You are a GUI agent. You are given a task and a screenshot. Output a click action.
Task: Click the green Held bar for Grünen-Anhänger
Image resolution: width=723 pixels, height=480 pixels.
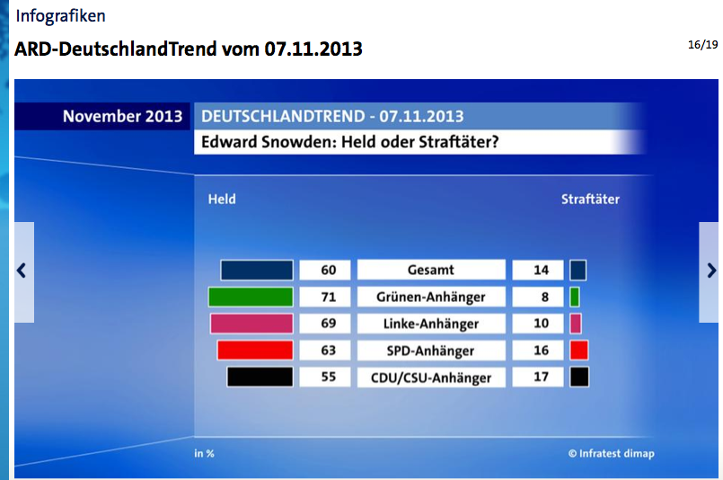[x=251, y=297]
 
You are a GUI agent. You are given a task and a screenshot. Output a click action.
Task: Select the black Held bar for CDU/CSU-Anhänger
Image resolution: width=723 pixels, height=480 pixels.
[x=260, y=377]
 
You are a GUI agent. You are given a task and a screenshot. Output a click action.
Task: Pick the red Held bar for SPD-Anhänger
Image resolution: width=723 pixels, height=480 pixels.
[x=255, y=350]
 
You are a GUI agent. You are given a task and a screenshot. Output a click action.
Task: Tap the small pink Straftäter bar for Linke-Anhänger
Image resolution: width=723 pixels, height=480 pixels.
[x=576, y=323]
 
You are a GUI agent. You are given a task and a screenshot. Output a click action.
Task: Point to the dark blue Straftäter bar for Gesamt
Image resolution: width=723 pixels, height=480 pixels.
[x=578, y=270]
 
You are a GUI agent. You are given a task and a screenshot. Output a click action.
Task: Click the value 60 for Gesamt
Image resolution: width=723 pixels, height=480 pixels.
[x=329, y=270]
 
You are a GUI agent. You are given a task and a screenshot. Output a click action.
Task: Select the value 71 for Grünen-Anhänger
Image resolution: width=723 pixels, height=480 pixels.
[x=329, y=297]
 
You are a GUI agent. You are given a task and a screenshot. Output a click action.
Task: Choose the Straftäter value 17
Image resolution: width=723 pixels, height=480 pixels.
[x=541, y=377]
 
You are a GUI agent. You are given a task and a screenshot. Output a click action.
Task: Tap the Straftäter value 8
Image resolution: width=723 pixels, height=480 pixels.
[x=545, y=297]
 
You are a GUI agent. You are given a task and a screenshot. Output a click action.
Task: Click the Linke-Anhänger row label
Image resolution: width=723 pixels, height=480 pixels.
[x=431, y=324]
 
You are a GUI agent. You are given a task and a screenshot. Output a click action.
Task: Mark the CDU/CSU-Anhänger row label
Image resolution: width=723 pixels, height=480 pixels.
[x=431, y=378]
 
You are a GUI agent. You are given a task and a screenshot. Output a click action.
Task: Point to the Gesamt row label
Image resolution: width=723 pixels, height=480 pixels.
[x=431, y=270]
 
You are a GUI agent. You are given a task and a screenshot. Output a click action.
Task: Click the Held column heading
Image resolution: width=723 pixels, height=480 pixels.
[x=222, y=199]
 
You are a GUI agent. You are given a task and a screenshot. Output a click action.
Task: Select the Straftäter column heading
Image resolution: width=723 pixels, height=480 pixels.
[x=590, y=199]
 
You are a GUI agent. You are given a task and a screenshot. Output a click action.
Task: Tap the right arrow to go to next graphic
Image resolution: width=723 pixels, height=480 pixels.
[x=711, y=271]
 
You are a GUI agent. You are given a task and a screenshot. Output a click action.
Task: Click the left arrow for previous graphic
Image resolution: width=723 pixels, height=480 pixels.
[x=22, y=271]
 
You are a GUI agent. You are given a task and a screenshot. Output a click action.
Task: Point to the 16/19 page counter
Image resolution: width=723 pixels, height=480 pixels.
[x=702, y=45]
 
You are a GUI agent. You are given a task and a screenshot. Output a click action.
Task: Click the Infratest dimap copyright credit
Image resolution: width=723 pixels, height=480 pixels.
[x=611, y=453]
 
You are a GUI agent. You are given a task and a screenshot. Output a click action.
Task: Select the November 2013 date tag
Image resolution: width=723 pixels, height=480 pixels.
[x=123, y=116]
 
